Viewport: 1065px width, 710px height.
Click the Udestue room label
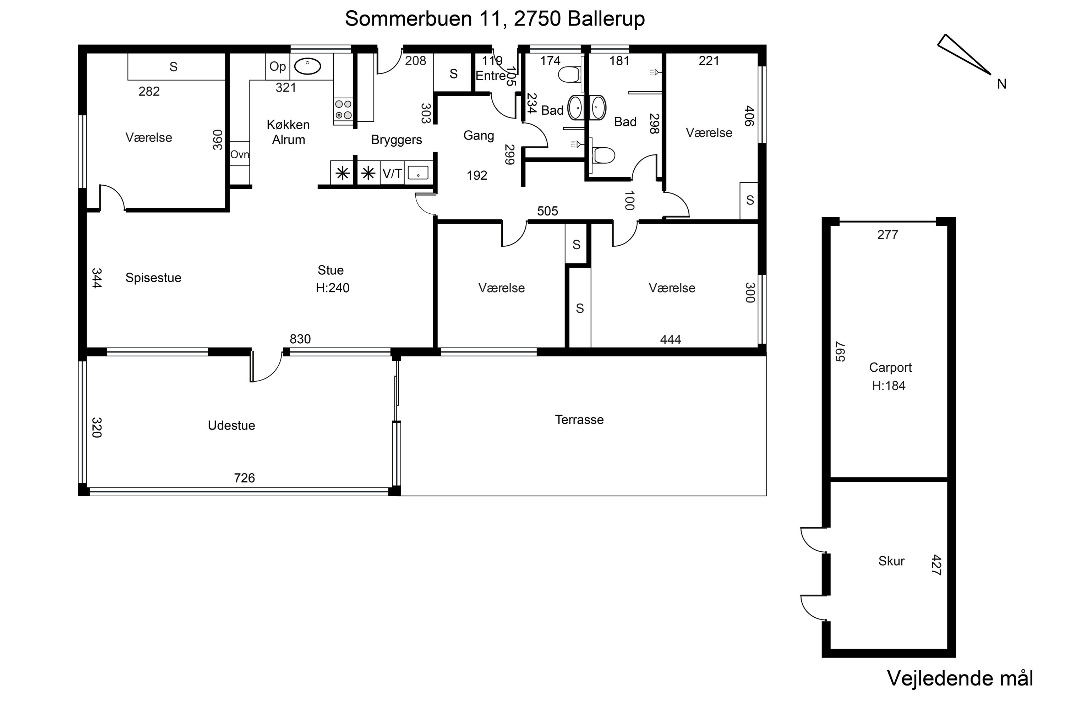click(231, 426)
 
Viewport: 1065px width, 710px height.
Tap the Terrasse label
click(579, 420)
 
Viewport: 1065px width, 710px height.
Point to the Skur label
click(891, 561)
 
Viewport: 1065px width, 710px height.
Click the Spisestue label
click(153, 278)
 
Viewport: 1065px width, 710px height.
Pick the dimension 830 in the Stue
click(300, 339)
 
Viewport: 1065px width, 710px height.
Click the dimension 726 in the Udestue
click(245, 478)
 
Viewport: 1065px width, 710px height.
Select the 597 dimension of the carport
click(840, 351)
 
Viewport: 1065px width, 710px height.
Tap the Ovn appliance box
click(240, 154)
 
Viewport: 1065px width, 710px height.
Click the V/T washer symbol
click(392, 174)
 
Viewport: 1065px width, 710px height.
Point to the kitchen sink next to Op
click(307, 67)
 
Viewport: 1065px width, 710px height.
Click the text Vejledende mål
click(960, 678)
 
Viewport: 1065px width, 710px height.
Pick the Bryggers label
click(397, 140)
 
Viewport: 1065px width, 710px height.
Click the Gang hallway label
click(479, 135)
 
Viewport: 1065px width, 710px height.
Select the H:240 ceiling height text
click(333, 288)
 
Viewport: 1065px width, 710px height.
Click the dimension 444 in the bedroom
click(671, 340)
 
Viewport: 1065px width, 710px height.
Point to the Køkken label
click(288, 125)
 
